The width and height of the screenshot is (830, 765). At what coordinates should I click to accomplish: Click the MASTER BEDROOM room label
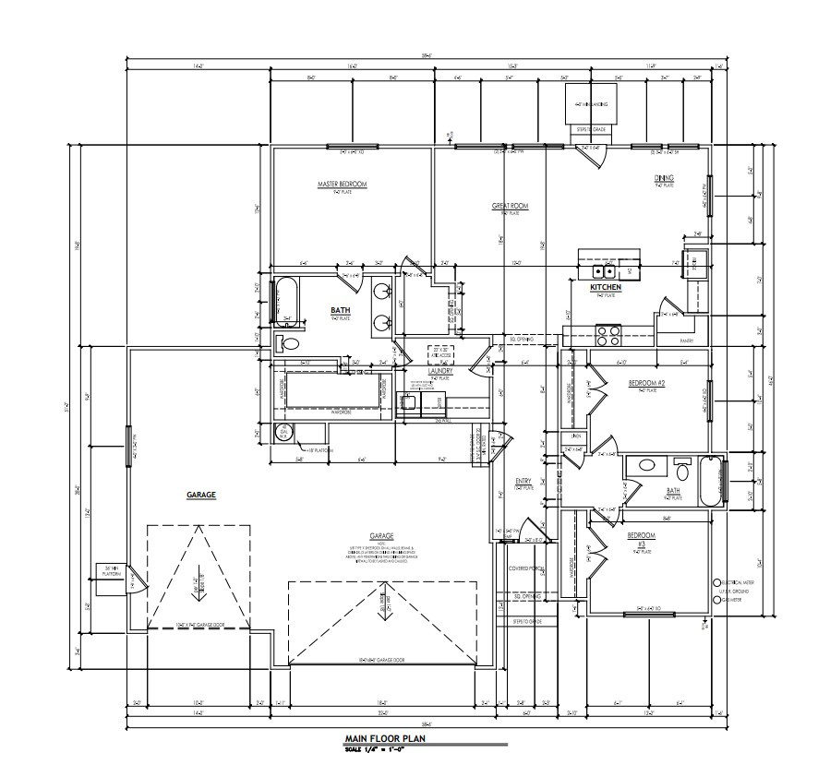click(x=342, y=185)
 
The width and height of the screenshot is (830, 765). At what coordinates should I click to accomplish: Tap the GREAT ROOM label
click(x=509, y=207)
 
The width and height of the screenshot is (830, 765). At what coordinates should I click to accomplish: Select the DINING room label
click(x=665, y=178)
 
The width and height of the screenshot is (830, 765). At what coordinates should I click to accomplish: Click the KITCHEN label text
click(x=606, y=288)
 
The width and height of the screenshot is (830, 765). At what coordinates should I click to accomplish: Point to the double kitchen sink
click(x=604, y=271)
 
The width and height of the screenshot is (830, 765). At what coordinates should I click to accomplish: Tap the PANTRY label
click(x=685, y=340)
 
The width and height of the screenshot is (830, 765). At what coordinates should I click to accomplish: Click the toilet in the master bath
click(x=288, y=343)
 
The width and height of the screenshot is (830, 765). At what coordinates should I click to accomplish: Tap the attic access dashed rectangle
click(x=440, y=354)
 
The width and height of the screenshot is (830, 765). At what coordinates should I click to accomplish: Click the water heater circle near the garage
click(x=285, y=433)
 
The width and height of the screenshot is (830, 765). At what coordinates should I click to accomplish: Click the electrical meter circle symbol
click(x=717, y=583)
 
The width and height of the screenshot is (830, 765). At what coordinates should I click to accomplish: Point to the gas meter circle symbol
click(x=717, y=599)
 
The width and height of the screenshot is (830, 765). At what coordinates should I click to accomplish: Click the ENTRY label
click(x=523, y=481)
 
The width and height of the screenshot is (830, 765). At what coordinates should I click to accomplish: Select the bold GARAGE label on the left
click(x=200, y=496)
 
